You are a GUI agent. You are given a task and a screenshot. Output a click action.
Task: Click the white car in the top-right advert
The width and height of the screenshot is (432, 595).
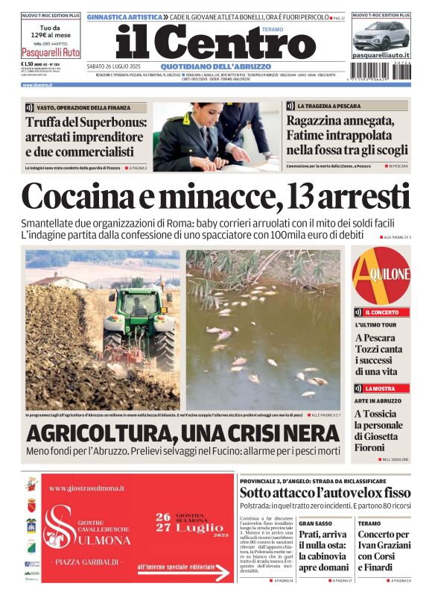tap(381, 35)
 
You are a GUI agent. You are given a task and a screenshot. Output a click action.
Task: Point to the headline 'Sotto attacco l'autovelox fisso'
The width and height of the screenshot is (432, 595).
tap(325, 493)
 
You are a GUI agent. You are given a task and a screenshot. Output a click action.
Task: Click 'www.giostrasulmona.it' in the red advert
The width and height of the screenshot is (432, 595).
tap(87, 488)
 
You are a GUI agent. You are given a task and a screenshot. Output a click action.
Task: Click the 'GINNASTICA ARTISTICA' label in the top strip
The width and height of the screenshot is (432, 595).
tap(124, 16)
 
